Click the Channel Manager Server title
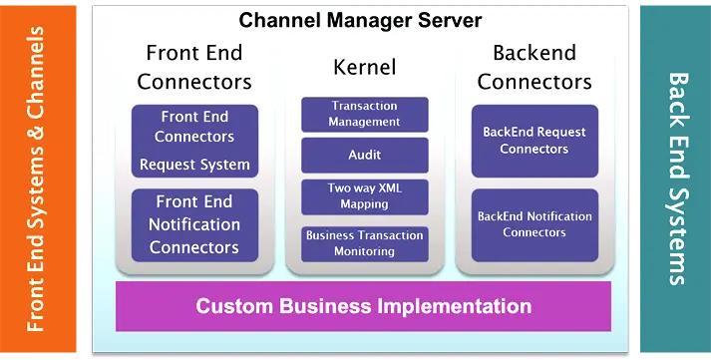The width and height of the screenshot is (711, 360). pos(360,19)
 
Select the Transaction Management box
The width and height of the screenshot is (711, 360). pos(365,114)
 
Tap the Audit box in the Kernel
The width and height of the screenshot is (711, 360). pos(365,155)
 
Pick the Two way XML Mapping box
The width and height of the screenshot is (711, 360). pos(365,195)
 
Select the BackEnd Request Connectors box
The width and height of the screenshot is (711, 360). pos(534,141)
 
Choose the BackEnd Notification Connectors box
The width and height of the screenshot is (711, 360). pos(534,224)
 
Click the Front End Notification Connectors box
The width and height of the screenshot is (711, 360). pos(194,224)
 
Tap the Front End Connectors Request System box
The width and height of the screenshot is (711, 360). pos(194,141)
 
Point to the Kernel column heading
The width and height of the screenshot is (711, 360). pos(364,68)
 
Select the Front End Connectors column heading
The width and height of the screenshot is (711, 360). pos(194,66)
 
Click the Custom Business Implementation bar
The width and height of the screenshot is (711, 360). pos(363,305)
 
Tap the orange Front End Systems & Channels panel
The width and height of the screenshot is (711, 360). pos(38,180)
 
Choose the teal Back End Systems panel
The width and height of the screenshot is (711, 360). pos(674,180)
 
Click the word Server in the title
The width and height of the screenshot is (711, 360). pos(448,19)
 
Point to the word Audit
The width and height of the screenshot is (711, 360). pos(365,155)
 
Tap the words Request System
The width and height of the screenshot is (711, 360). pos(194,165)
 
